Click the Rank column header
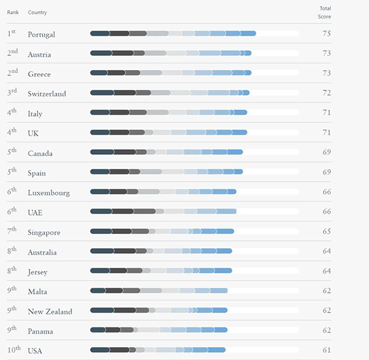(x=13, y=12)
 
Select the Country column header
(x=37, y=12)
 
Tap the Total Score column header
(x=324, y=12)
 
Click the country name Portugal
(x=41, y=34)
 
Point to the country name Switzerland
(x=47, y=94)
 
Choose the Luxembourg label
(x=49, y=193)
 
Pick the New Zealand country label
(x=50, y=311)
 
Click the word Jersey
(x=38, y=272)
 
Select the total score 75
(x=327, y=34)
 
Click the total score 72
(x=327, y=93)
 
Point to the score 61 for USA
(x=327, y=350)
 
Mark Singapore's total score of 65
(x=327, y=232)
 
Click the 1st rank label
(x=12, y=33)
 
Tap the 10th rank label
(x=14, y=349)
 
